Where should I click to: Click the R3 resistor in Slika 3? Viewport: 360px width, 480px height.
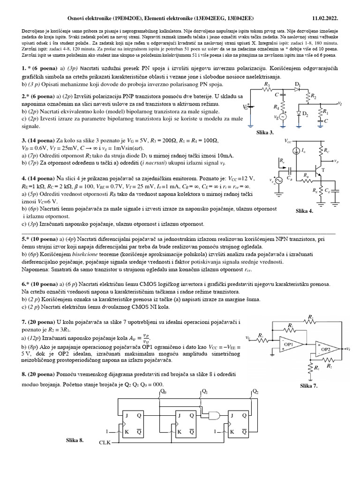point(268,88)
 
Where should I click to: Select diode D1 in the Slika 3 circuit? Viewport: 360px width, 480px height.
point(297,88)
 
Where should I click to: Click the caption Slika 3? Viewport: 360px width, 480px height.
point(265,133)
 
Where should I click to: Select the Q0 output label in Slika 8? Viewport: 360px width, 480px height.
point(163,391)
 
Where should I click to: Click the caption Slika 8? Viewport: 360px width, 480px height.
point(75,440)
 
